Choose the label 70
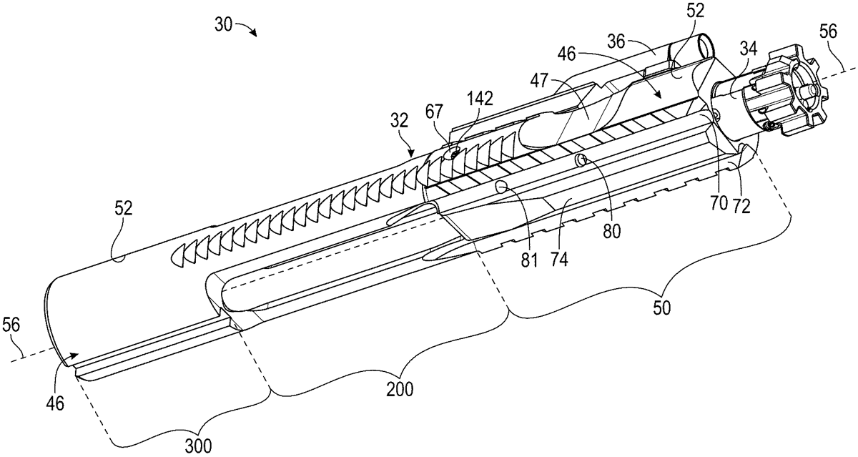click(x=717, y=203)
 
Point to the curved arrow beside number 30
click(x=249, y=30)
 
